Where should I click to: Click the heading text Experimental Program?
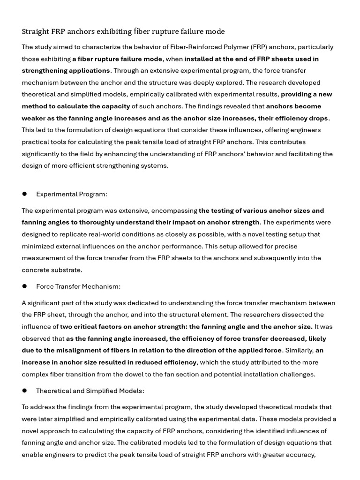coord(72,194)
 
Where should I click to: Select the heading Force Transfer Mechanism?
coord(78,286)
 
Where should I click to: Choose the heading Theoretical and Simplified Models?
coord(90,391)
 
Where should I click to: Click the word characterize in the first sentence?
coord(95,47)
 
